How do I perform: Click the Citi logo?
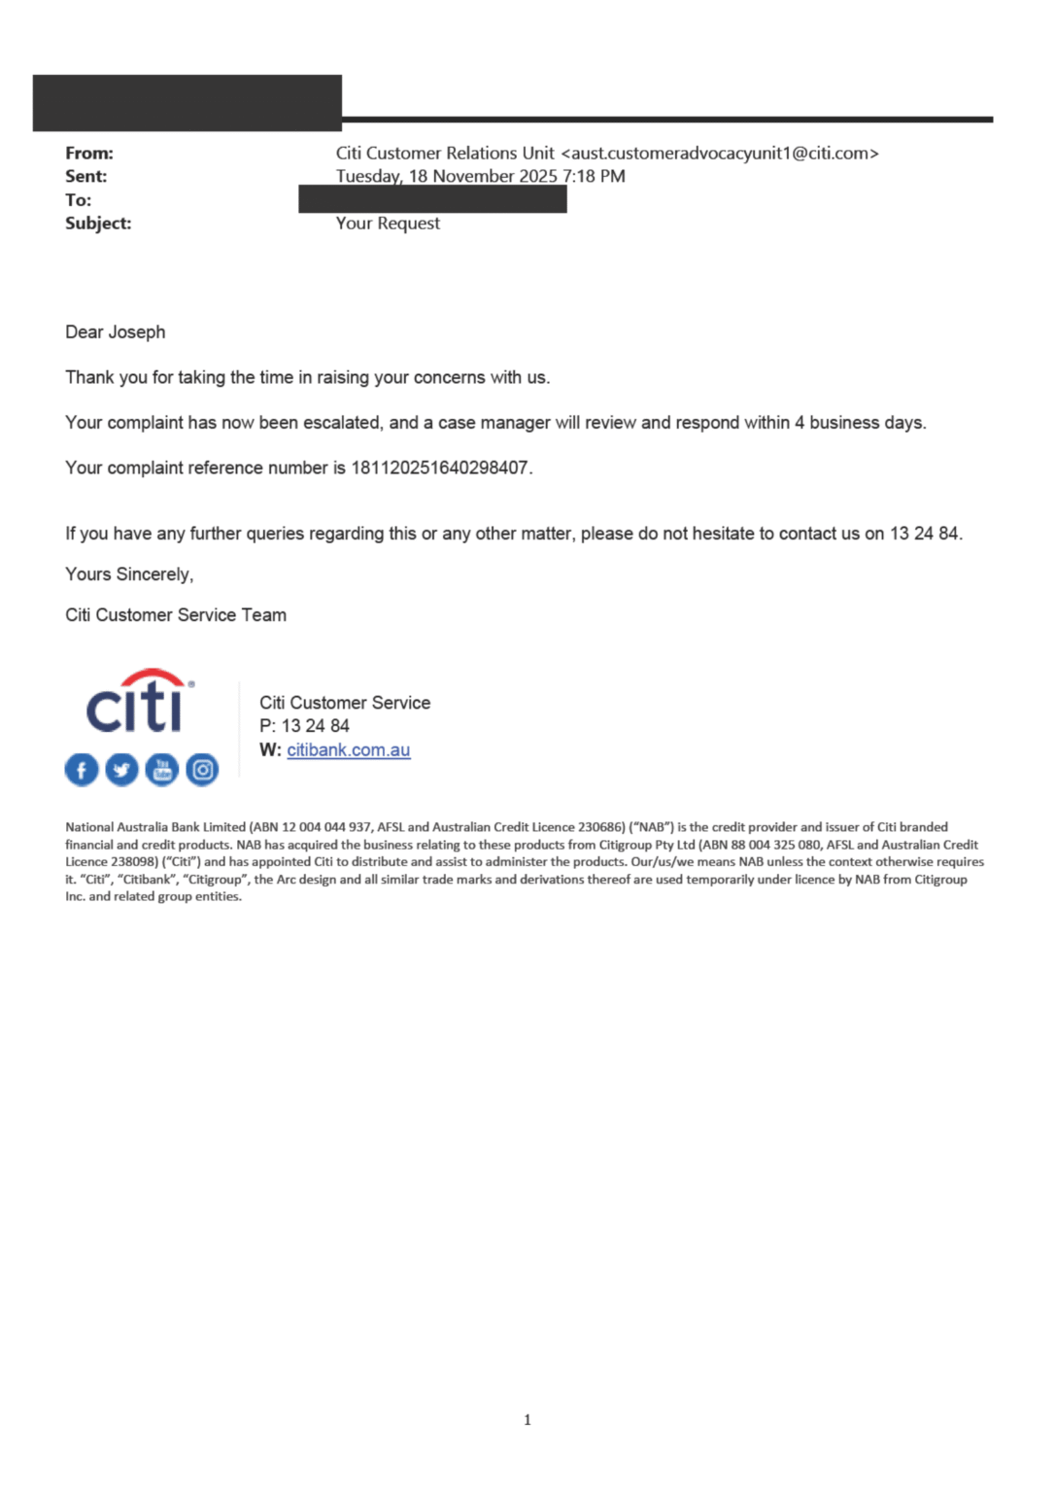(x=140, y=702)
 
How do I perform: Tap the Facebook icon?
(x=82, y=770)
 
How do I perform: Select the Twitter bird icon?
(x=121, y=770)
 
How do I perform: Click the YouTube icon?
(x=162, y=770)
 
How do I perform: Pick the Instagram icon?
(x=202, y=770)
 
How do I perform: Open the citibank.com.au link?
(x=348, y=750)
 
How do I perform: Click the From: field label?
(x=89, y=154)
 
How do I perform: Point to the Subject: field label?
(x=98, y=224)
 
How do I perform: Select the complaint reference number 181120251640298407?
(x=440, y=468)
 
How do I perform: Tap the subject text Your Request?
(x=388, y=224)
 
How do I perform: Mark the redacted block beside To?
(x=432, y=199)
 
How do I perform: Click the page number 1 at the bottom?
(x=527, y=1420)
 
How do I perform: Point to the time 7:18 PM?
(x=594, y=177)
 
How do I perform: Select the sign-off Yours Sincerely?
(x=129, y=574)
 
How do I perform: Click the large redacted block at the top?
(x=187, y=102)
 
